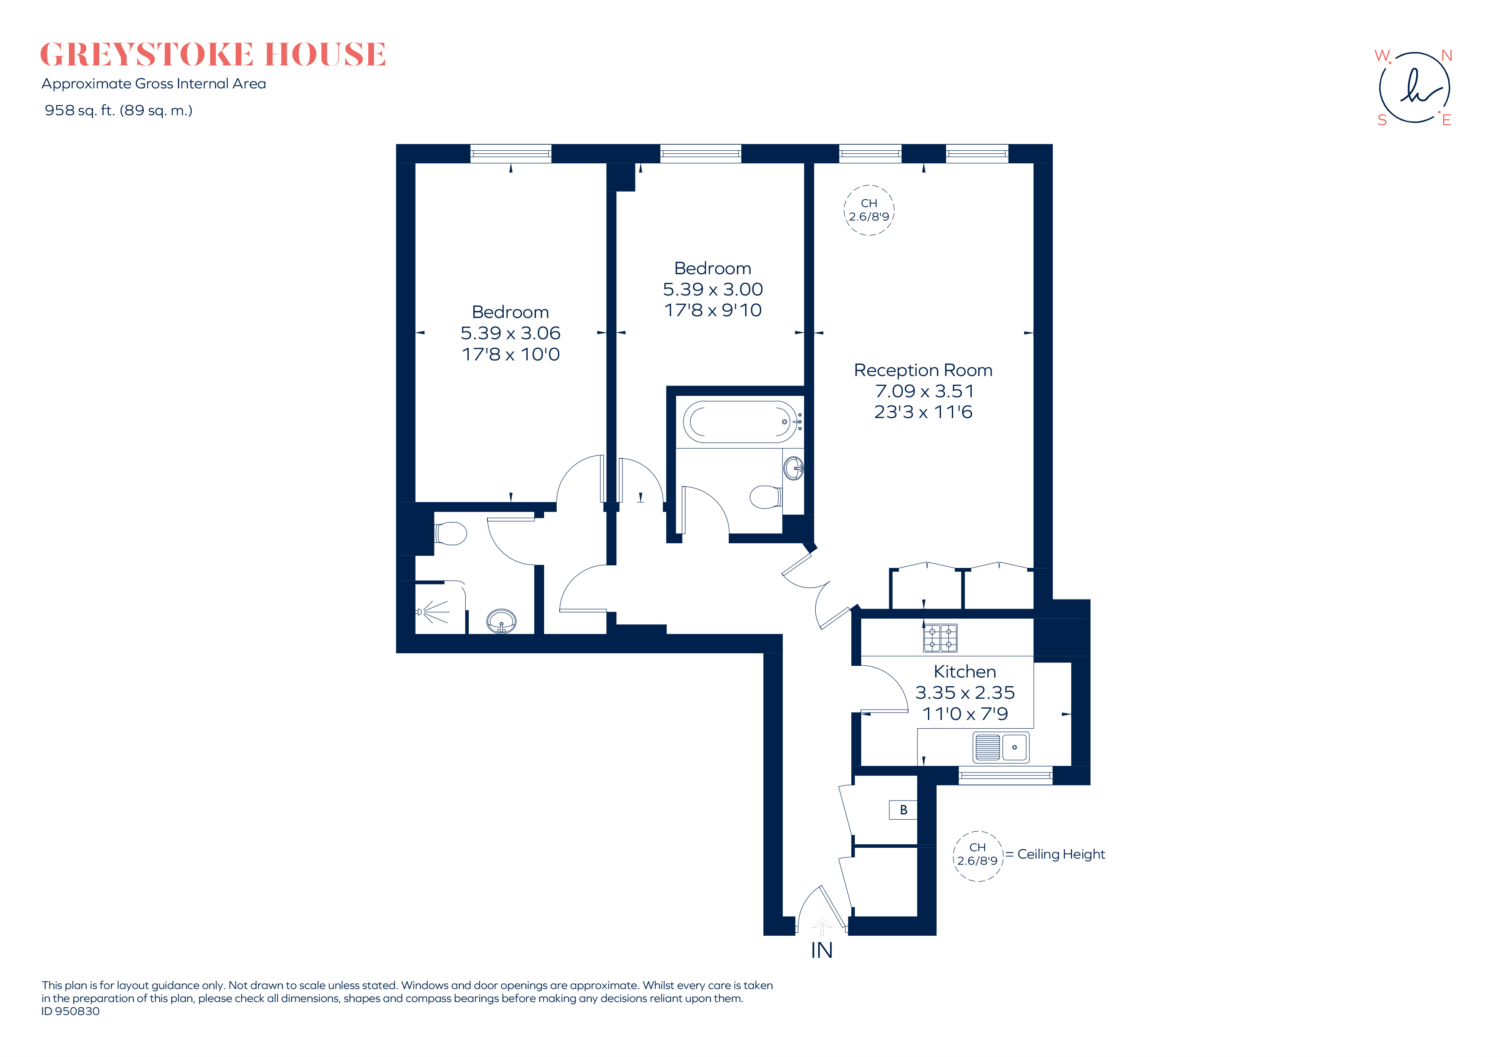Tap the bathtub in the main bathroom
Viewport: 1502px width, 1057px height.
739,422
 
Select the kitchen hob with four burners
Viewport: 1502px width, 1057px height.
940,638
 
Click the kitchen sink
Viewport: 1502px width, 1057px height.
1001,747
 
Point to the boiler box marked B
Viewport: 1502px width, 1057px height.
903,810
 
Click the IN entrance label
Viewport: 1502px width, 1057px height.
822,950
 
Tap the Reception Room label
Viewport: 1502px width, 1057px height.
923,370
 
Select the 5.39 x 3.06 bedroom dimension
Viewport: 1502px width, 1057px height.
510,333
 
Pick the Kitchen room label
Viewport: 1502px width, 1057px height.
964,672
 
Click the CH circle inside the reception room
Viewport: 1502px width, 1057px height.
869,210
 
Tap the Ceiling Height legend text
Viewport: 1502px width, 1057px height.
1061,854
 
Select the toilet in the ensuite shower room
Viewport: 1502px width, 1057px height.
450,533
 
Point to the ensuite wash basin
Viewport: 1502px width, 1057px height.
502,621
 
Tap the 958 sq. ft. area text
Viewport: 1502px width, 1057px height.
118,110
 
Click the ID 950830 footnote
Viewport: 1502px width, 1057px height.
71,1011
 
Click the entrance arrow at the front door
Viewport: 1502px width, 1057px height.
822,926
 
